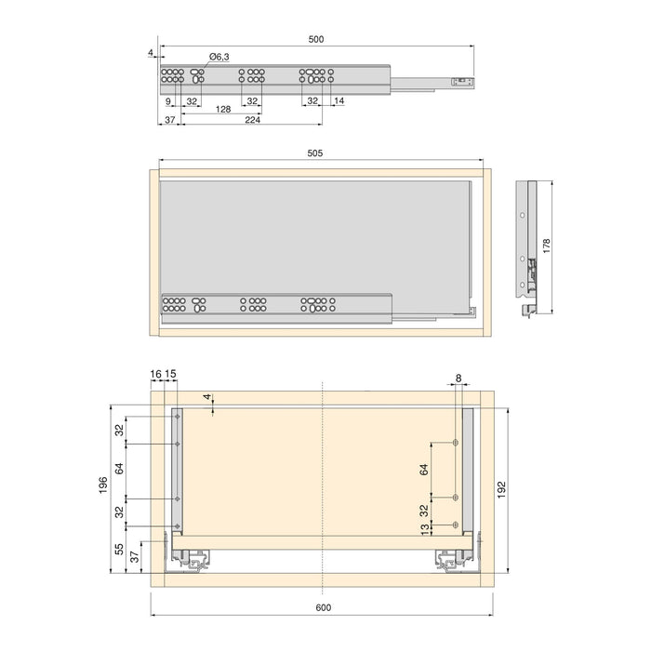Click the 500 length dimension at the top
pyautogui.click(x=316, y=39)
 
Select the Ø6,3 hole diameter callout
pyautogui.click(x=218, y=58)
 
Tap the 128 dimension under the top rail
pyautogui.click(x=223, y=110)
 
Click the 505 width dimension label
pyautogui.click(x=316, y=154)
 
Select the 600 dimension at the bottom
pyautogui.click(x=322, y=607)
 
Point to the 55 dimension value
pyautogui.click(x=118, y=549)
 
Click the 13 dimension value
pyautogui.click(x=424, y=529)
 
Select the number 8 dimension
pyautogui.click(x=458, y=378)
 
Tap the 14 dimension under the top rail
pyautogui.click(x=339, y=100)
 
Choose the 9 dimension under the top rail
pyautogui.click(x=168, y=100)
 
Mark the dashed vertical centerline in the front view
pyautogui.click(x=322, y=484)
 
